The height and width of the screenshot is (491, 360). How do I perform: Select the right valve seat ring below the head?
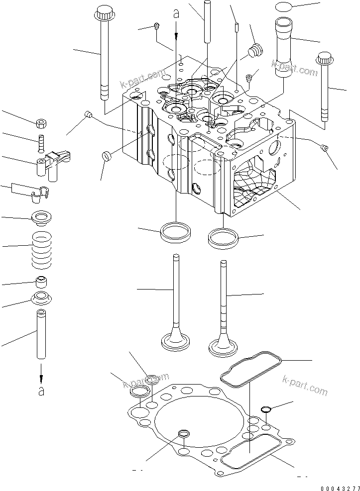click(x=223, y=237)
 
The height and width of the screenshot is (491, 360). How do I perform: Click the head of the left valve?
click(x=175, y=341)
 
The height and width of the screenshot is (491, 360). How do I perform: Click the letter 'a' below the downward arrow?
click(x=41, y=391)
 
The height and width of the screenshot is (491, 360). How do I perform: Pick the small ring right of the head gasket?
click(x=265, y=409)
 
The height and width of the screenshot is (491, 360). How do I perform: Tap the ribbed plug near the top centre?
click(x=255, y=50)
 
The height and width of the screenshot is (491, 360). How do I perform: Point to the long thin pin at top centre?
click(x=205, y=20)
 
